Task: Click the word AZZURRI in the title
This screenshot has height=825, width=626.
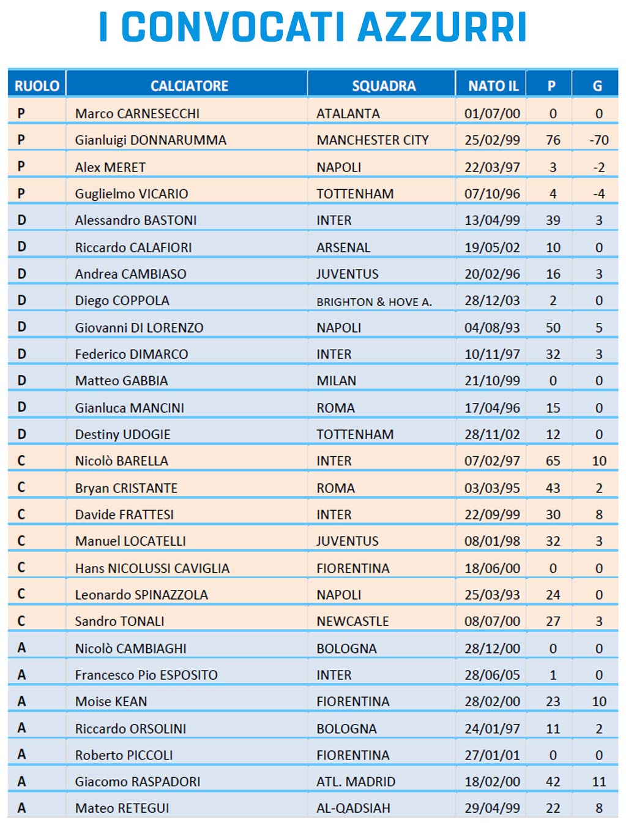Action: pyautogui.click(x=441, y=27)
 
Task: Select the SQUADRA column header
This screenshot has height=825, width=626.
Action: pyautogui.click(x=384, y=86)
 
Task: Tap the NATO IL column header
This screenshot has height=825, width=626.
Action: pyautogui.click(x=493, y=86)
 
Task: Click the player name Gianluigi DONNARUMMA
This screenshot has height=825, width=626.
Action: pyautogui.click(x=151, y=140)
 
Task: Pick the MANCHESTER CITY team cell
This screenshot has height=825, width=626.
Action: pyautogui.click(x=373, y=140)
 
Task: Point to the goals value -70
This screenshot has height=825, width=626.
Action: pyautogui.click(x=599, y=140)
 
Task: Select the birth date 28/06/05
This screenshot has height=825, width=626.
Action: pyautogui.click(x=492, y=675)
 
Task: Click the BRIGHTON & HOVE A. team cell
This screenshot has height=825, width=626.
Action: pyautogui.click(x=374, y=301)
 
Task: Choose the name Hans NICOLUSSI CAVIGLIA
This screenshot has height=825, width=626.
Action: pyautogui.click(x=152, y=568)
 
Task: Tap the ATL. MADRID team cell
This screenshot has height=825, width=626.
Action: pyautogui.click(x=356, y=782)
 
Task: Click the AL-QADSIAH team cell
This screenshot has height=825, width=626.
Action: pyautogui.click(x=353, y=808)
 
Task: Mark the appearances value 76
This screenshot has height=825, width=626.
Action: pyautogui.click(x=553, y=140)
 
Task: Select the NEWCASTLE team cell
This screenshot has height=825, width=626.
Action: pyautogui.click(x=352, y=621)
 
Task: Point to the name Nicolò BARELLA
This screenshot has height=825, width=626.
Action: pyautogui.click(x=122, y=461)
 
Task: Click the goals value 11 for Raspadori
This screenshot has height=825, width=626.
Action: pyautogui.click(x=599, y=782)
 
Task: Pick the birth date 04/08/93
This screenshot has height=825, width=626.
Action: pyautogui.click(x=492, y=328)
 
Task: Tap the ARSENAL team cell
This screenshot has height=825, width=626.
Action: pyautogui.click(x=343, y=247)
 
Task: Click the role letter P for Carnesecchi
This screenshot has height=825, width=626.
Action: pyautogui.click(x=21, y=113)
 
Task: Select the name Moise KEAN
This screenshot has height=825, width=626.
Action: pyautogui.click(x=111, y=701)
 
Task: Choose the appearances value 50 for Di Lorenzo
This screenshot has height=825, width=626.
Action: pyautogui.click(x=553, y=328)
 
